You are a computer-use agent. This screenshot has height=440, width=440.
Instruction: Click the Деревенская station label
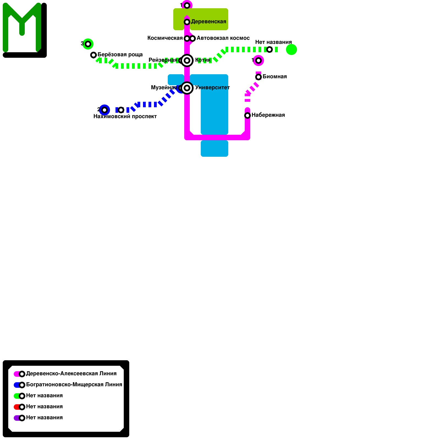click(x=208, y=22)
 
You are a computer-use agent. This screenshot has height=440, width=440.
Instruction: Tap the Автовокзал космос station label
click(x=223, y=38)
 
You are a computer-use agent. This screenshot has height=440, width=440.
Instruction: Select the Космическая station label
click(x=165, y=38)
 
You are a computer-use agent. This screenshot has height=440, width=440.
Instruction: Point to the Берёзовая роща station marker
click(x=94, y=55)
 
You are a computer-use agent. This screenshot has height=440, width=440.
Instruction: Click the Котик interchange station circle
click(x=187, y=61)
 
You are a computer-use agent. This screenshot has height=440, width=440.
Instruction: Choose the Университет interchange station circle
click(x=187, y=88)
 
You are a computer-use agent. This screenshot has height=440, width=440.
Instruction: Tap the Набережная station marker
click(x=248, y=116)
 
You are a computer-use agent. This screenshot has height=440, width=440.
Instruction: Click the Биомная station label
click(x=274, y=77)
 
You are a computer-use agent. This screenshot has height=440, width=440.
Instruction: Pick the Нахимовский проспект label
click(x=125, y=117)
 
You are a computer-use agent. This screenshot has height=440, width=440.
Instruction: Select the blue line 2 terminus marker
click(x=105, y=110)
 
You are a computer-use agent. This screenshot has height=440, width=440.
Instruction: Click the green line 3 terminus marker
click(x=88, y=44)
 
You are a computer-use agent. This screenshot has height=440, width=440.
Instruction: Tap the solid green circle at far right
click(x=291, y=50)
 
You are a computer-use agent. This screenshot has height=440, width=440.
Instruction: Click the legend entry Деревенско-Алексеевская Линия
click(x=71, y=374)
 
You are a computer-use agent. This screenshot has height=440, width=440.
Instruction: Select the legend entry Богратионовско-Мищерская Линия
click(x=74, y=385)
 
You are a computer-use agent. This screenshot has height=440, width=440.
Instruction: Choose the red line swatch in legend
click(x=17, y=407)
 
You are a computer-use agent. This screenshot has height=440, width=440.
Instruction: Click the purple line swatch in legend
click(x=17, y=418)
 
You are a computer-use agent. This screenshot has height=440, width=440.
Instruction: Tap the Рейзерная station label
click(x=163, y=60)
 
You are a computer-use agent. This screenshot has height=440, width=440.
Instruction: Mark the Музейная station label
click(x=164, y=88)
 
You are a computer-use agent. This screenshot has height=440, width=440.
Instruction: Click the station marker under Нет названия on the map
click(x=269, y=50)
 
